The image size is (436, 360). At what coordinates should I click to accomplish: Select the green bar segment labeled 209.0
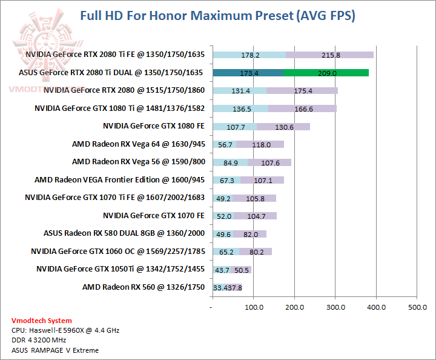[x=325, y=73]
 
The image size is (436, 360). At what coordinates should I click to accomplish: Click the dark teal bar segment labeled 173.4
[x=248, y=73]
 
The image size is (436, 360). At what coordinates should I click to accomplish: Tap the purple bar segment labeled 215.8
[x=329, y=55]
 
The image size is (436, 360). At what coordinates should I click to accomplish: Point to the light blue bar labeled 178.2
[x=249, y=55]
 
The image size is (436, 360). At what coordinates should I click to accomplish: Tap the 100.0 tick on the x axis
[x=253, y=308]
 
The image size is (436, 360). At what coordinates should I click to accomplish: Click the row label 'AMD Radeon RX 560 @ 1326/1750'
[x=144, y=287]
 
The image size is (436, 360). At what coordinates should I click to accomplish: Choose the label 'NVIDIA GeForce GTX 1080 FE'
[x=154, y=126]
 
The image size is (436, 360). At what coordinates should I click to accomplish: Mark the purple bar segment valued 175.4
[x=302, y=91]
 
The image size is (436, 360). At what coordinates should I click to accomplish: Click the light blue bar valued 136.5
[x=240, y=108]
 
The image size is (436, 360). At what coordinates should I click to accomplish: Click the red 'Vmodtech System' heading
[x=41, y=321]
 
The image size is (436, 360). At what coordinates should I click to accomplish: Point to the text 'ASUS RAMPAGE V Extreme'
[x=54, y=350]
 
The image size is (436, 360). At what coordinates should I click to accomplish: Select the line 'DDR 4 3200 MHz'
[x=41, y=340]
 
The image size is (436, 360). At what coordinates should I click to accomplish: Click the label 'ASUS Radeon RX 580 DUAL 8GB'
[x=124, y=233]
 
